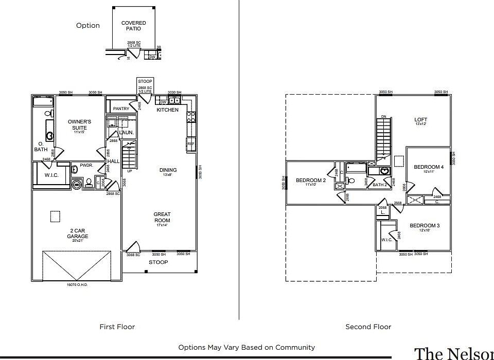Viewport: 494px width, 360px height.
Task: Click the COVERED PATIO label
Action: pyautogui.click(x=133, y=26)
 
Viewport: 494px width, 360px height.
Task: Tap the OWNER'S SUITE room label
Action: pyautogui.click(x=79, y=125)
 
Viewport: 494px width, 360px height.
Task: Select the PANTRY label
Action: pyautogui.click(x=121, y=109)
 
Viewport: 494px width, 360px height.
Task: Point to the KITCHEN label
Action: pyautogui.click(x=167, y=110)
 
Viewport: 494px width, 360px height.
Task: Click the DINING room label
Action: pyautogui.click(x=168, y=170)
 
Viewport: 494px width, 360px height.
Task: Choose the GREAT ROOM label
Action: pyautogui.click(x=162, y=218)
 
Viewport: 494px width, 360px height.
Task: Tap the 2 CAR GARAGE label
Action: pyautogui.click(x=77, y=233)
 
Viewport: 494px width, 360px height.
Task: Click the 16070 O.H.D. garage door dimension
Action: pyautogui.click(x=77, y=284)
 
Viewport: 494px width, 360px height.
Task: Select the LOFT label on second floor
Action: pyautogui.click(x=421, y=120)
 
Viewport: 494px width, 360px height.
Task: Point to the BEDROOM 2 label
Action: pyautogui.click(x=311, y=181)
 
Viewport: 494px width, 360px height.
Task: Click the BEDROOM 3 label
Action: pyautogui.click(x=425, y=226)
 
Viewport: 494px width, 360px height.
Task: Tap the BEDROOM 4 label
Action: pyautogui.click(x=428, y=167)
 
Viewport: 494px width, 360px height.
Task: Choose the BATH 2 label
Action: pyautogui.click(x=380, y=185)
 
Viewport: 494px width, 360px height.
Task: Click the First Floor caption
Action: pyautogui.click(x=117, y=327)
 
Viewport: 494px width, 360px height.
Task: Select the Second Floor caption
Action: pyautogui.click(x=368, y=327)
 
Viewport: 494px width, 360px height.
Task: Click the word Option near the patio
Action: pyautogui.click(x=88, y=26)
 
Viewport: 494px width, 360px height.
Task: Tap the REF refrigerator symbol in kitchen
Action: pyautogui.click(x=191, y=144)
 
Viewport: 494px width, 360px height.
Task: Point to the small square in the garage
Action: pyautogui.click(x=55, y=217)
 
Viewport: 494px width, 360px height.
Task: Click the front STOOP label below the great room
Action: pyautogui.click(x=158, y=262)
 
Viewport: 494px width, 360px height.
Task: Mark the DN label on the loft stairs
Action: pyautogui.click(x=383, y=117)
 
